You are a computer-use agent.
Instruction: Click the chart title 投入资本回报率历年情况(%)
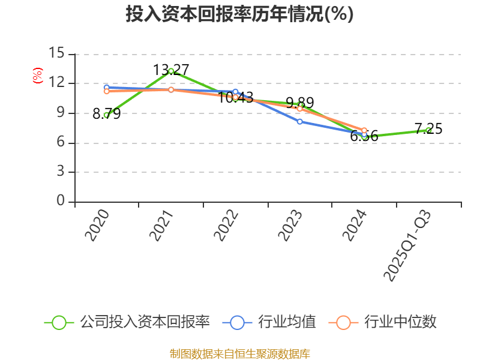click(x=239, y=14)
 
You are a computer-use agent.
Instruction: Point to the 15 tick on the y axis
click(x=57, y=53)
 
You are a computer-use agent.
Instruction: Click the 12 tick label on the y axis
click(x=57, y=83)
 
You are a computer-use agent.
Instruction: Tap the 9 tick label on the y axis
click(x=61, y=113)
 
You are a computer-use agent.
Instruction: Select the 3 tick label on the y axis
click(x=61, y=172)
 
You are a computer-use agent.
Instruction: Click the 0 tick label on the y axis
click(x=61, y=202)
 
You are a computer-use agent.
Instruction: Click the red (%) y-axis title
click(x=37, y=76)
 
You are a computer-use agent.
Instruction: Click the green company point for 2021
click(x=171, y=71)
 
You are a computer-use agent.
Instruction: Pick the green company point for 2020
click(x=106, y=115)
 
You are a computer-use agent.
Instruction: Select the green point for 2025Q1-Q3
click(x=428, y=130)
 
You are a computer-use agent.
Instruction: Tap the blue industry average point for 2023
click(x=299, y=121)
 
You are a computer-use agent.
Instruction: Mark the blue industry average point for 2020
click(x=106, y=88)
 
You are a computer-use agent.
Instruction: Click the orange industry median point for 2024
click(x=364, y=130)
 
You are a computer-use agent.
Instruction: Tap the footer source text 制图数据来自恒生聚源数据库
click(x=239, y=353)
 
